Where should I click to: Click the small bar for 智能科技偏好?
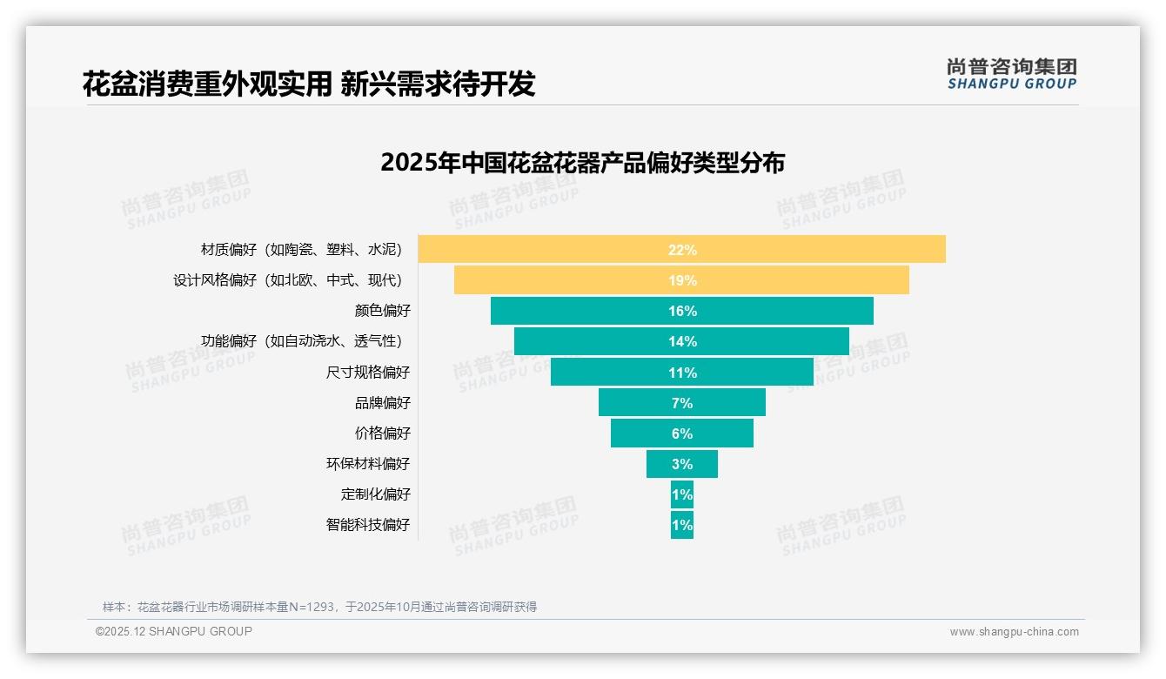click(681, 525)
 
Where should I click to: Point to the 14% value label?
click(682, 342)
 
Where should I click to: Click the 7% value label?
click(682, 403)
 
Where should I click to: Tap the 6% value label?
click(682, 434)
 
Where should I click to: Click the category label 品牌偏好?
click(382, 403)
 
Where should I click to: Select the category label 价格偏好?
click(382, 434)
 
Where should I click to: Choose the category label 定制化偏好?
click(375, 494)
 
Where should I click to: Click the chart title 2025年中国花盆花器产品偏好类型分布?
click(582, 163)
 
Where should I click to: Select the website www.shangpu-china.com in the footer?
click(1014, 632)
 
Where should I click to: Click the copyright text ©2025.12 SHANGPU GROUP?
click(173, 631)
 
